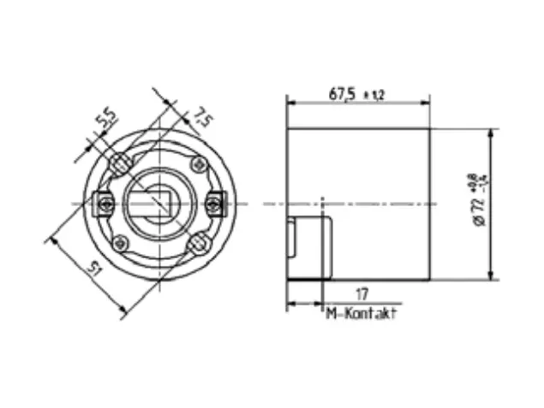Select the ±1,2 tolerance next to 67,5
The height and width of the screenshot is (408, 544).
click(x=374, y=95)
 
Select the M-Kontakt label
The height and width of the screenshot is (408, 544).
click(x=362, y=314)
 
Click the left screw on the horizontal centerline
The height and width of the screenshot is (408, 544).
click(x=104, y=203)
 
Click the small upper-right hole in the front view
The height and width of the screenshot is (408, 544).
click(x=196, y=162)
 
